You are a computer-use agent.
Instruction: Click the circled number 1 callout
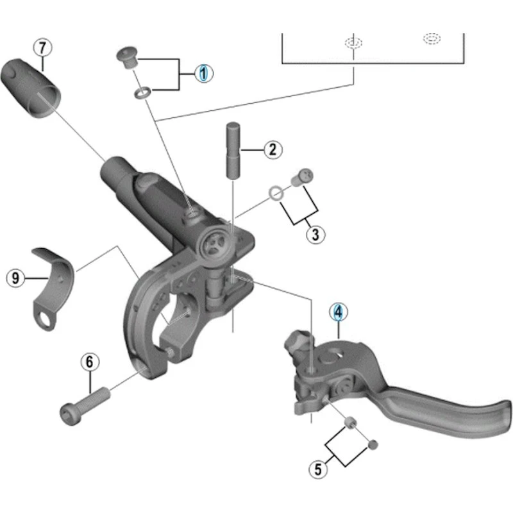[203, 74]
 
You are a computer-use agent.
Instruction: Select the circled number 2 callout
[272, 150]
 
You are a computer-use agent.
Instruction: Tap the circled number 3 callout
[314, 234]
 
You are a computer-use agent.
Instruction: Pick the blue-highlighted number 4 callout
[339, 312]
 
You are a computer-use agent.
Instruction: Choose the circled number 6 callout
[90, 362]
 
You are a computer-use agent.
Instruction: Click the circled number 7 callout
[42, 47]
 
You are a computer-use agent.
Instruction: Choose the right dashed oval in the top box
[432, 38]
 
